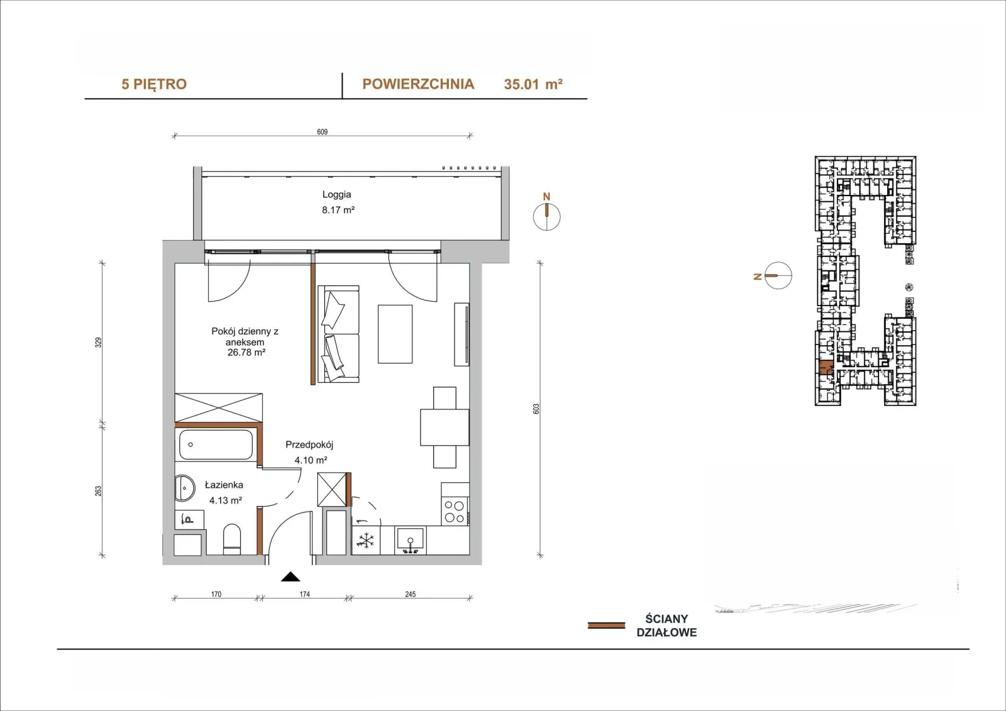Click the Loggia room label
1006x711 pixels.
pos(336,194)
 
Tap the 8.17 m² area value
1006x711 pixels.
pos(338,210)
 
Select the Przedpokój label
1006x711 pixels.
pos(309,444)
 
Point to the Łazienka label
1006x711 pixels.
pos(224,485)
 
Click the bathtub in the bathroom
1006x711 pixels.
pos(216,444)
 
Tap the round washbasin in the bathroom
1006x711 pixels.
pos(184,488)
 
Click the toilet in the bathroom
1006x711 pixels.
pos(232,539)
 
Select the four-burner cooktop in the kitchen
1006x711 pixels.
pos(454,512)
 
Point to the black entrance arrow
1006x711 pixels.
pos(290,576)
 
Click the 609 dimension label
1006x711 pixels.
pos(322,131)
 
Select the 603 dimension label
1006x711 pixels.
pos(536,409)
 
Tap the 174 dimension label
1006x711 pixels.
pos(304,594)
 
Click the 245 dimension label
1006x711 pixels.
pos(410,594)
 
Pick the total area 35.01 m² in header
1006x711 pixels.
pos(533,84)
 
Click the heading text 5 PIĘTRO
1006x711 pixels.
pos(153,84)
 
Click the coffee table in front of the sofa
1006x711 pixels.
pos(395,334)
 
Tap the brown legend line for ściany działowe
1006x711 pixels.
pos(606,626)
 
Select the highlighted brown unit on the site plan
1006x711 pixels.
pos(826,367)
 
